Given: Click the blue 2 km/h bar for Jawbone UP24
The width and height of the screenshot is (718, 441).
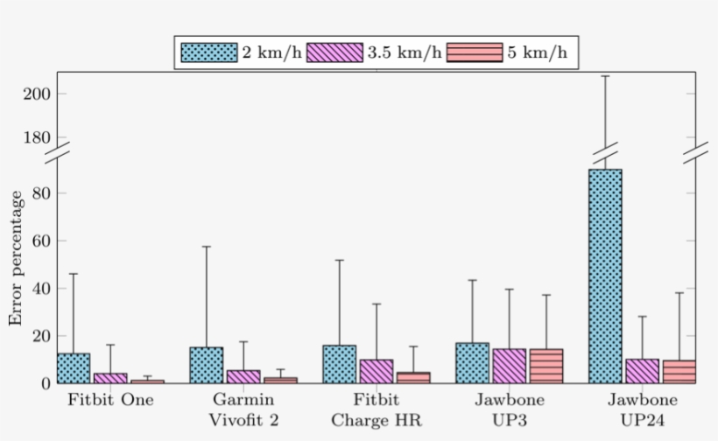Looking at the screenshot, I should (x=605, y=276).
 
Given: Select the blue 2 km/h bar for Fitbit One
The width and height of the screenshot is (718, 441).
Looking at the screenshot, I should (x=74, y=368).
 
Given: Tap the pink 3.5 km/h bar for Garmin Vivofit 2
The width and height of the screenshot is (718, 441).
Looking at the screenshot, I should (x=243, y=376).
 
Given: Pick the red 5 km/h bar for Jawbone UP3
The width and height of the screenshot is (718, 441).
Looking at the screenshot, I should (x=546, y=366).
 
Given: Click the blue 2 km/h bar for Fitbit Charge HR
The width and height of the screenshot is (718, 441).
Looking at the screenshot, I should (x=340, y=364).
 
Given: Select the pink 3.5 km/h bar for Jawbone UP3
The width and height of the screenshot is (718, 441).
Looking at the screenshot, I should (x=509, y=366).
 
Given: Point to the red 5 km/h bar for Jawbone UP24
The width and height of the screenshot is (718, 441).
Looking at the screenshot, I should (x=679, y=372).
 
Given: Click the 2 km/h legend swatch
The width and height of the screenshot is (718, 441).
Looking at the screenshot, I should (x=209, y=52).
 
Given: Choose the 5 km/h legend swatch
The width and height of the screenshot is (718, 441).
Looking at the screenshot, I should (x=475, y=52).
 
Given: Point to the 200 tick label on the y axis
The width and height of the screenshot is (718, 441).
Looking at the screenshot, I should (x=36, y=94).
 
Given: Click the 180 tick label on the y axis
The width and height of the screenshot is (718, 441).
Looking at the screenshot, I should (x=36, y=138).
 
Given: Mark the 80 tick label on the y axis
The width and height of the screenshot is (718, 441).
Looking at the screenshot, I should (x=40, y=192).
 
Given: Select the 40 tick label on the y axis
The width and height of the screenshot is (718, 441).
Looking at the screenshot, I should (x=40, y=288).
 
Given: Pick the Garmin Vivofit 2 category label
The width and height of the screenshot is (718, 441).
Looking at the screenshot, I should (x=243, y=409).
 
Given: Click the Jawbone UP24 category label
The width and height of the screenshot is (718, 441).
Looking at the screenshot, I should (x=642, y=409).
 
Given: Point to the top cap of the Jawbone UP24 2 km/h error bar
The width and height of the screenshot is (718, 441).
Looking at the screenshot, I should (x=605, y=76).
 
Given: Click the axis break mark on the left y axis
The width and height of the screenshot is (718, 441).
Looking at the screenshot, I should (x=58, y=150).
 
